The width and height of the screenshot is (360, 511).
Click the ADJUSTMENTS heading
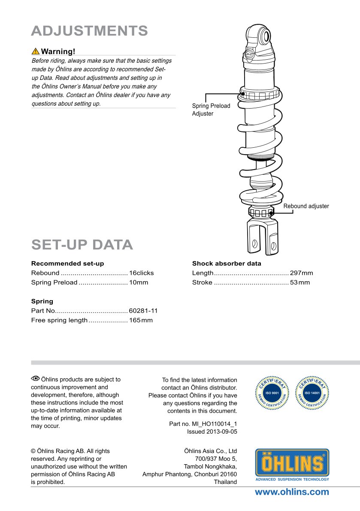pos(90,31)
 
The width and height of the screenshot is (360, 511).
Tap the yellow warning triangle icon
pos(36,52)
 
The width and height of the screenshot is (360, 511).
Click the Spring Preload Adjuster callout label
pos(211,109)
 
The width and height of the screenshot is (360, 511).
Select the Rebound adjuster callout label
pos(306,206)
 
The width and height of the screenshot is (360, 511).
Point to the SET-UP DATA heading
pos(82,244)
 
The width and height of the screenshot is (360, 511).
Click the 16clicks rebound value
pos(141,273)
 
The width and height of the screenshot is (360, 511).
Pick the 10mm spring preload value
pos(138,282)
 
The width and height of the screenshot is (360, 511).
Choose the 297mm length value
pos(302,273)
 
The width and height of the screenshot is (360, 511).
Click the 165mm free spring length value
pos(141,320)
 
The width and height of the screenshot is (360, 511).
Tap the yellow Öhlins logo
pos(292,464)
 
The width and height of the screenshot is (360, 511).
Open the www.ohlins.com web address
pos(292,492)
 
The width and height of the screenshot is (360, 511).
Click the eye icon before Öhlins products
pos(35,379)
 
